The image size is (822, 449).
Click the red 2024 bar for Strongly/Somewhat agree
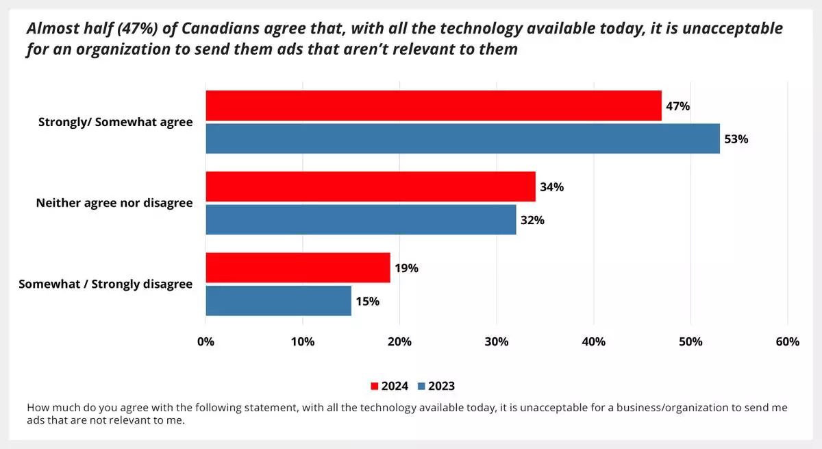point(434,106)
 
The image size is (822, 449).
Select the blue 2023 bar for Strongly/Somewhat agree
point(462,138)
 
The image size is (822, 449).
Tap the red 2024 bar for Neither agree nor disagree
point(370,186)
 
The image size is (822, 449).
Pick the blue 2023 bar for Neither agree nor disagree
point(360,219)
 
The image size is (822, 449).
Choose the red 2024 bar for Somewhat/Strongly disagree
point(297,267)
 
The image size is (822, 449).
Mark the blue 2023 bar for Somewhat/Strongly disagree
point(278,300)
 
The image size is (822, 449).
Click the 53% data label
point(737,139)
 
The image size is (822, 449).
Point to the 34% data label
point(552,187)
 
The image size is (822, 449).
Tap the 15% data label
point(367,301)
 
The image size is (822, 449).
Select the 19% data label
point(406,268)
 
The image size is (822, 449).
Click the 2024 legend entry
point(390,386)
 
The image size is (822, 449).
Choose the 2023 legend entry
point(436,386)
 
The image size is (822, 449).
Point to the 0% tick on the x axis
point(206,341)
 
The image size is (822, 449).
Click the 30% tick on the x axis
point(497,341)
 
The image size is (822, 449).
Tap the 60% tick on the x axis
point(788,341)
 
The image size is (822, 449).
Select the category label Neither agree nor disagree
point(114,203)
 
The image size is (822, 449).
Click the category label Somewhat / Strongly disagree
point(105,284)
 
